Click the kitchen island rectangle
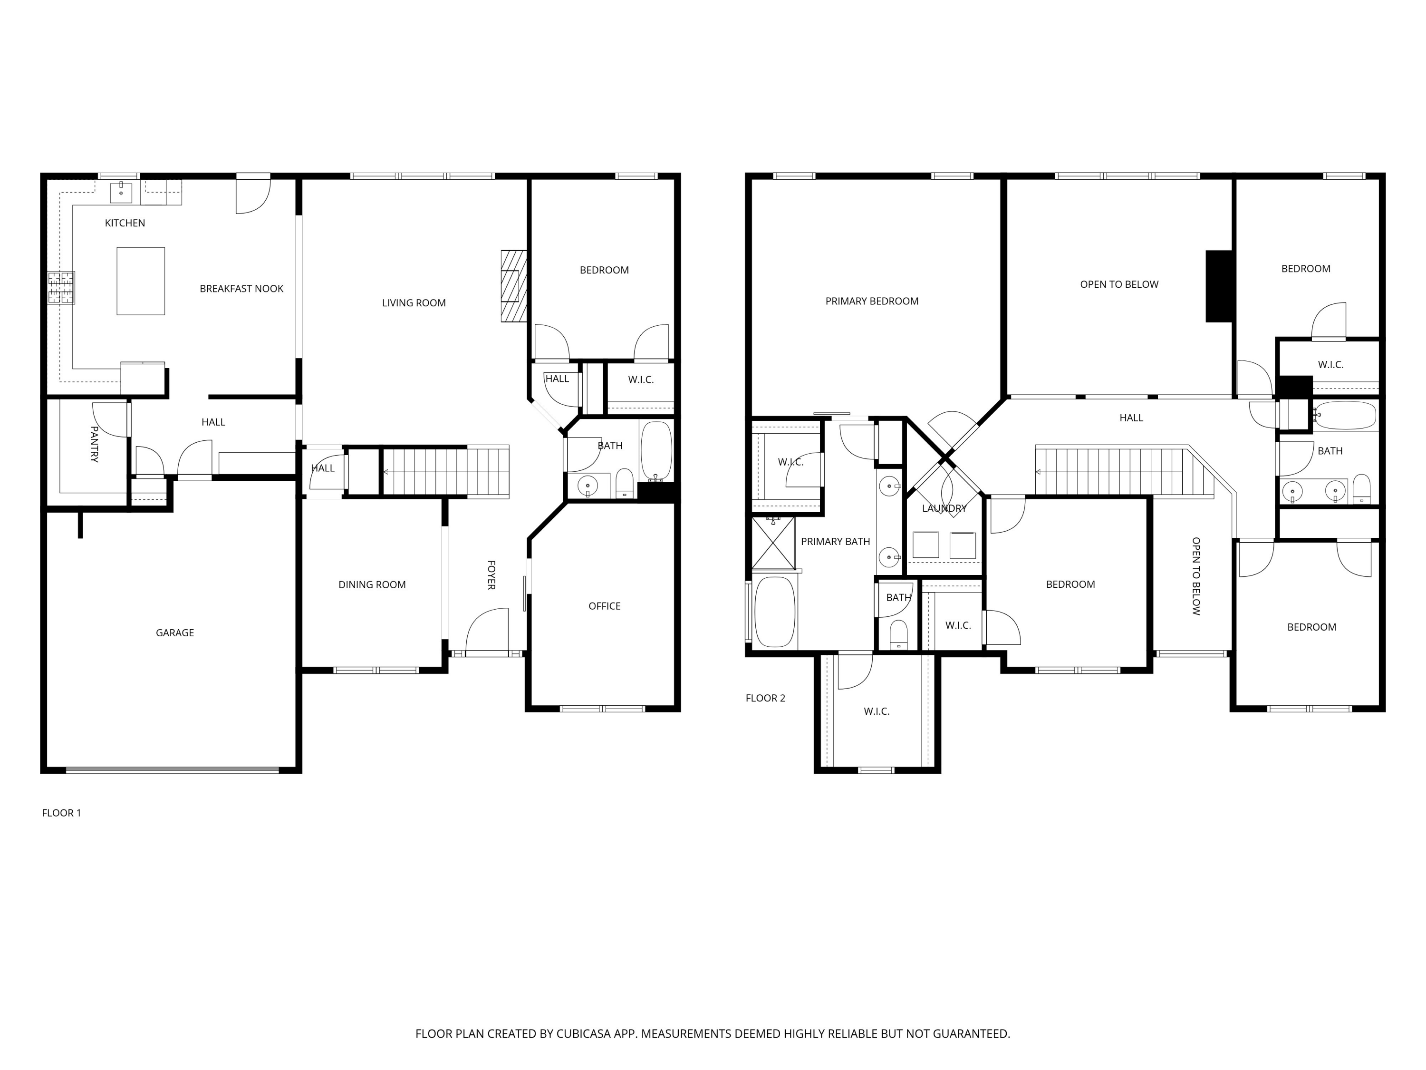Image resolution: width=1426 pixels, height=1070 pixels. tap(141, 281)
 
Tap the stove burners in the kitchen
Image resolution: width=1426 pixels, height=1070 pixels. tap(61, 288)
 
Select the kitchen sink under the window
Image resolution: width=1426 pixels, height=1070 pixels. tap(121, 192)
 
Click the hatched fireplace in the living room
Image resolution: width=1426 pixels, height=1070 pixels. tap(514, 286)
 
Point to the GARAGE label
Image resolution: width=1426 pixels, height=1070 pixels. tap(175, 632)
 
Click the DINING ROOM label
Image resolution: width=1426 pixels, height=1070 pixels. tap(372, 584)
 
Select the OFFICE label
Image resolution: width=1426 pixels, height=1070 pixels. tap(604, 606)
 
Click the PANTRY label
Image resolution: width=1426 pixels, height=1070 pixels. tap(94, 444)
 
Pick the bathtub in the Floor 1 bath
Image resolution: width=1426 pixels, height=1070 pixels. tap(656, 450)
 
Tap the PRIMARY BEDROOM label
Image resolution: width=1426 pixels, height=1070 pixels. tap(872, 301)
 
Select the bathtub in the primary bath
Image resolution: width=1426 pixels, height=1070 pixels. tap(774, 612)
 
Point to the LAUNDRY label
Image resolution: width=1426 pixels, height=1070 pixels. tap(944, 508)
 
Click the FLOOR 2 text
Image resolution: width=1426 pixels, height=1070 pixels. tap(765, 698)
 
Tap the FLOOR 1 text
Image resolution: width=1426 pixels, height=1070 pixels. tap(61, 813)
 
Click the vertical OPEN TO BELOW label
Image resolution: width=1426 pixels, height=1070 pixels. tap(1196, 576)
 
